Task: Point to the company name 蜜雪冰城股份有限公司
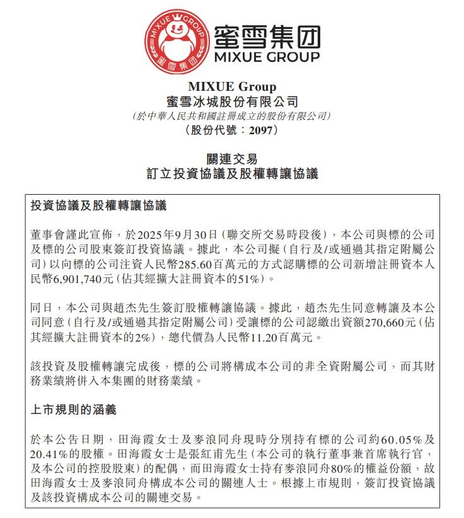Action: [231, 101]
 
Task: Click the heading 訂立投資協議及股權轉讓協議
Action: [231, 173]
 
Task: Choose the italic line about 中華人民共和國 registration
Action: [231, 117]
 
